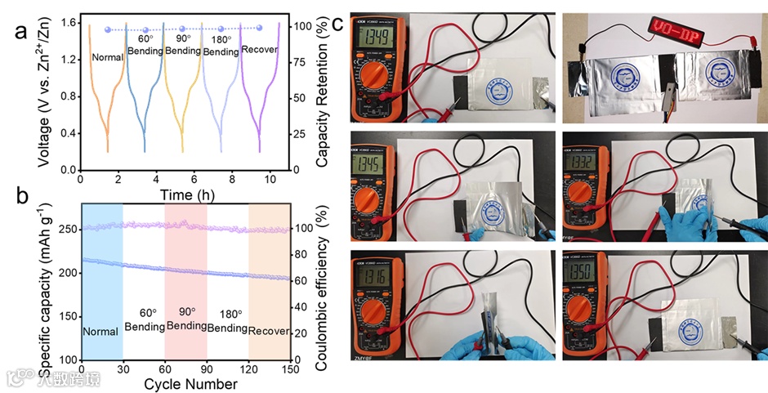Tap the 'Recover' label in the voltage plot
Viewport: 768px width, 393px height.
260,50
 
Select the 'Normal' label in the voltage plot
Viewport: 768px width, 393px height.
108,57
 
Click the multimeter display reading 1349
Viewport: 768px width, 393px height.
375,38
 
